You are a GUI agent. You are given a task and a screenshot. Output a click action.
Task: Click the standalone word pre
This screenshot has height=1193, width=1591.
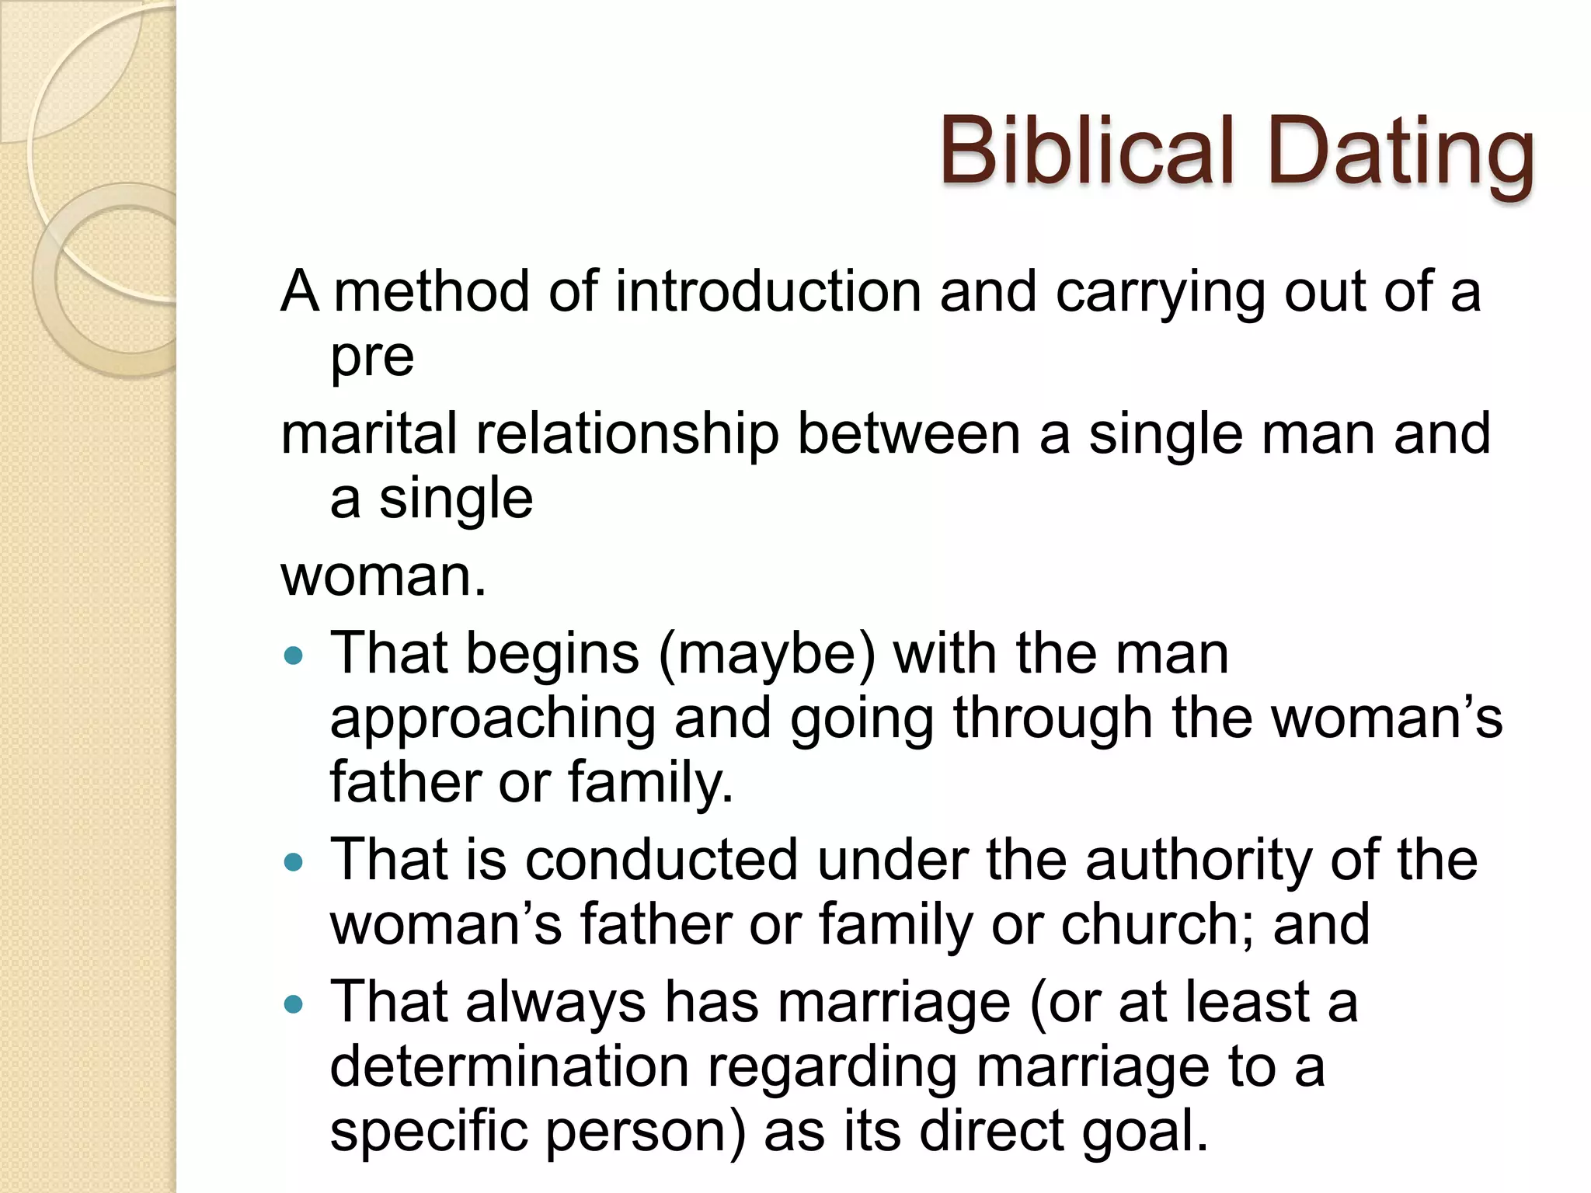[371, 359]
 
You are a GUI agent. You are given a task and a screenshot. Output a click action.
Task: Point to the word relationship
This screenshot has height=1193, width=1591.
[627, 436]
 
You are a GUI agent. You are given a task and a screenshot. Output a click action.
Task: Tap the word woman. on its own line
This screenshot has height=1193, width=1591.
[383, 576]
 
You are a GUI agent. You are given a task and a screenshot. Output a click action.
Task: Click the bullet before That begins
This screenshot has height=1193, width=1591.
[294, 656]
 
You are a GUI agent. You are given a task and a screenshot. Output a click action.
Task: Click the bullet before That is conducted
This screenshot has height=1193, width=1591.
[294, 862]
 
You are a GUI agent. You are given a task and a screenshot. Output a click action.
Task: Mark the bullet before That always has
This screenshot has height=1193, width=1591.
[294, 1005]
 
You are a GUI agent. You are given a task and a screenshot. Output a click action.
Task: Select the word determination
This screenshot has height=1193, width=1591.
[510, 1067]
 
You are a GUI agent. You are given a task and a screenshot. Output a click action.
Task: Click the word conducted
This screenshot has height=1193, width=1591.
[661, 861]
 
